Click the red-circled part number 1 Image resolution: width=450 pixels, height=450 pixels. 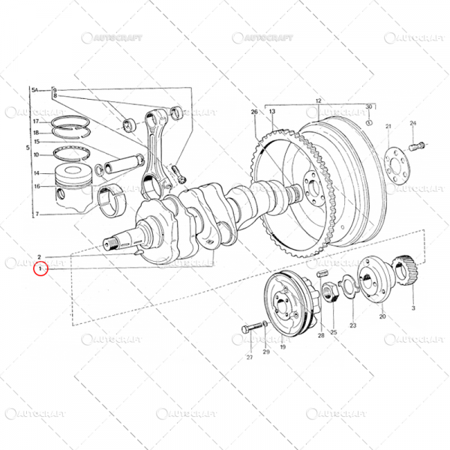click(40, 268)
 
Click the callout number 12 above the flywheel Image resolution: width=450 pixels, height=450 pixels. click(317, 100)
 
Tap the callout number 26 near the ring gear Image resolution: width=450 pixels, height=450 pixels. click(254, 112)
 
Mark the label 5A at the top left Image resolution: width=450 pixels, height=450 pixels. click(34, 90)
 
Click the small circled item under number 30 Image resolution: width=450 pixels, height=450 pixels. click(368, 121)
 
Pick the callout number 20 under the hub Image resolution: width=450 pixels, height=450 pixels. click(382, 317)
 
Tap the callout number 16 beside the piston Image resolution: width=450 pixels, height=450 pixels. click(36, 186)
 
